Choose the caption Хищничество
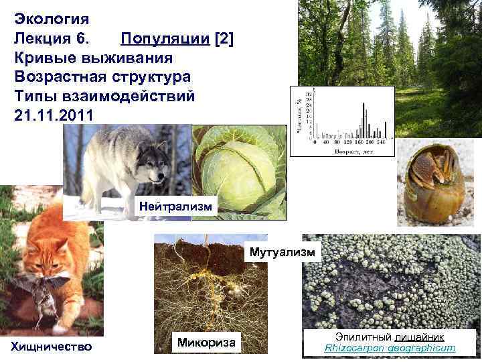click(x=50, y=346)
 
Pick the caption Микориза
click(x=207, y=343)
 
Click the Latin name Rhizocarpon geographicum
click(x=390, y=348)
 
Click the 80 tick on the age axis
click(x=336, y=143)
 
